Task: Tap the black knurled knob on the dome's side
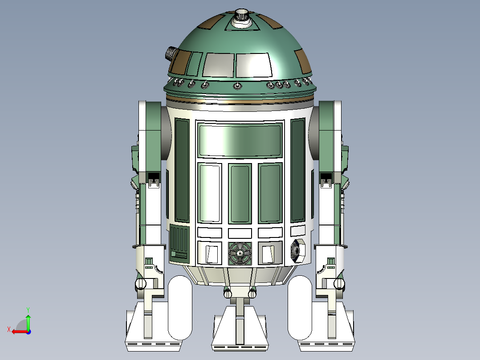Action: (171, 53)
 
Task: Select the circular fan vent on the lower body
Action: (240, 253)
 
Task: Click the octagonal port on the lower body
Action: (297, 252)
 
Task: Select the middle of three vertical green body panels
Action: (240, 194)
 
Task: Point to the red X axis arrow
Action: (18, 331)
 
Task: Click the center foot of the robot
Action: (240, 330)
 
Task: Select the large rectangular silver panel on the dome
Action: (253, 65)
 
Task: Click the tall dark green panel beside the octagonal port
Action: (297, 171)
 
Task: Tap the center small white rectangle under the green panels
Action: (240, 233)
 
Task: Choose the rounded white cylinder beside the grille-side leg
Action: (179, 307)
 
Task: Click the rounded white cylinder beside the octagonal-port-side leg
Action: (300, 307)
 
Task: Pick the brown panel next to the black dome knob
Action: (181, 62)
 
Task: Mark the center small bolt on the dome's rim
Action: (237, 86)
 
